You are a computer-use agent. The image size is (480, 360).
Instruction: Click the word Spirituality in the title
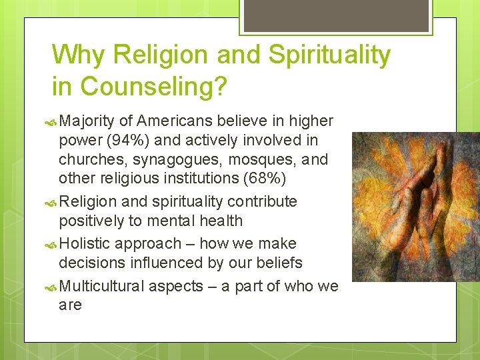pos(329,55)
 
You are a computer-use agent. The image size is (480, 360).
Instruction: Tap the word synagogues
pos(170,160)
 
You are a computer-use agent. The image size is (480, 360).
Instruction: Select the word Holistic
pos(87,244)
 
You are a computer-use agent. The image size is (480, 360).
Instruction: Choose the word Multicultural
pos(101,287)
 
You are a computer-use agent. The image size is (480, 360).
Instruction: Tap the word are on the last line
pos(70,305)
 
